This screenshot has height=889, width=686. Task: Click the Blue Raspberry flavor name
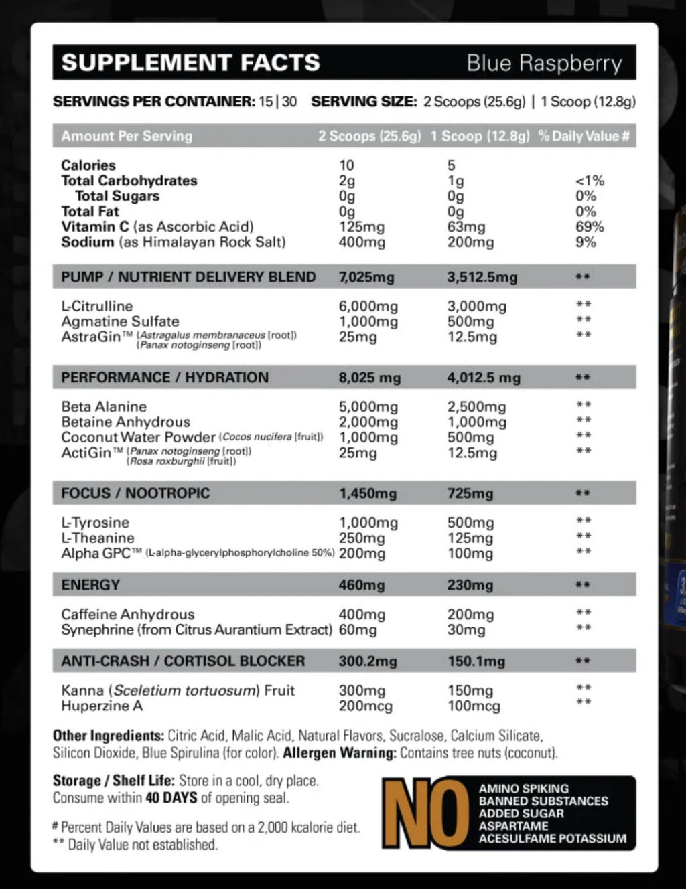tap(544, 63)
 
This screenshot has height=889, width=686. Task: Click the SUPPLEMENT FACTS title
tap(191, 63)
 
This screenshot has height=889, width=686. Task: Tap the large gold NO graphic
tap(426, 813)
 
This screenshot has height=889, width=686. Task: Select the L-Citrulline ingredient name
tap(97, 306)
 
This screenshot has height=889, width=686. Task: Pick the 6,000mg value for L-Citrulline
tap(368, 307)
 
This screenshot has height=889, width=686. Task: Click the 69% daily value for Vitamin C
tap(590, 227)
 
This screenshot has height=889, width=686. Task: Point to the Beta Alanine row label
tap(104, 406)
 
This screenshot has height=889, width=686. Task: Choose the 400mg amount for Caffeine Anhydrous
tap(362, 614)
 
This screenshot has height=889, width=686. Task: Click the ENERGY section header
tap(90, 584)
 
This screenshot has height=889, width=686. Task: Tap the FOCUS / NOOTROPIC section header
tap(135, 493)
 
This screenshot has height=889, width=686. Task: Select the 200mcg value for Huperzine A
tap(365, 706)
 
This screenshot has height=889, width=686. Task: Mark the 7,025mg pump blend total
tap(366, 277)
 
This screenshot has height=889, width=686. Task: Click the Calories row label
tap(88, 165)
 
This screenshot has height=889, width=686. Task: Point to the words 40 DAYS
tap(171, 798)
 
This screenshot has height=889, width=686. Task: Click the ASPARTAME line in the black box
tap(513, 826)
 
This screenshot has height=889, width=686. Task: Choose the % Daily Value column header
tap(584, 136)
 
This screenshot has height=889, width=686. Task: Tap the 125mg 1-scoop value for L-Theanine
tap(470, 538)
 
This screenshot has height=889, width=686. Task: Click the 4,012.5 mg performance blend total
tap(484, 378)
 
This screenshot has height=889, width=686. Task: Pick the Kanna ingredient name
tap(82, 690)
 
